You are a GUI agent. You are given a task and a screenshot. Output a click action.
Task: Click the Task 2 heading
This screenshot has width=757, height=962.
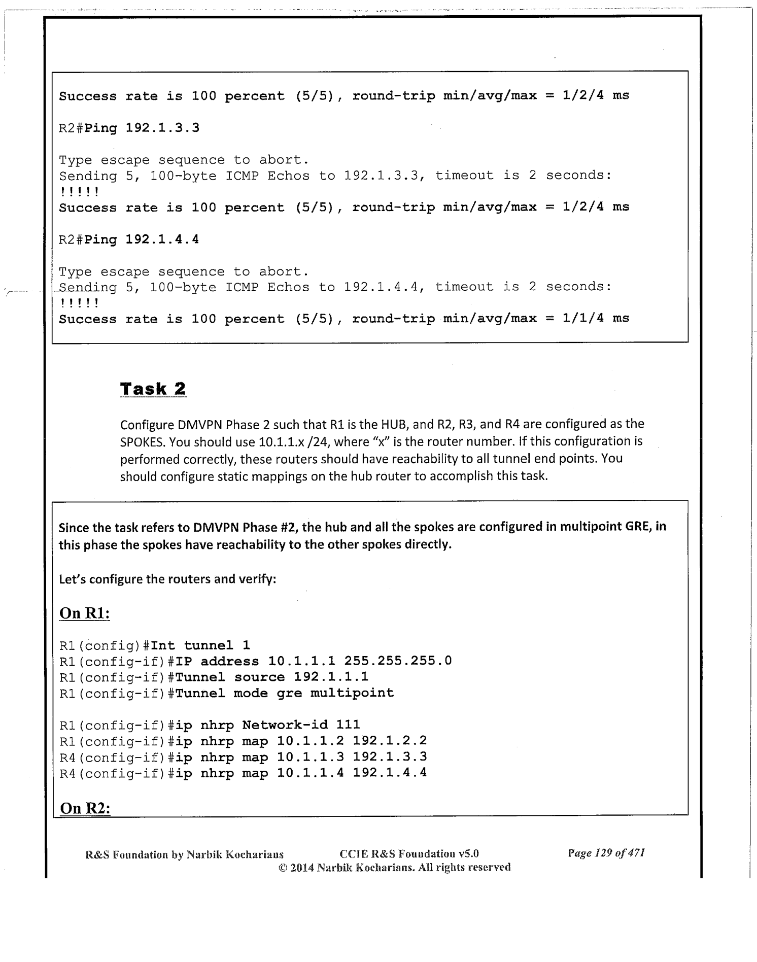pos(153,389)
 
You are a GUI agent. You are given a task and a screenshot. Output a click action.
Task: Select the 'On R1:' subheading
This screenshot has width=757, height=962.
pos(85,613)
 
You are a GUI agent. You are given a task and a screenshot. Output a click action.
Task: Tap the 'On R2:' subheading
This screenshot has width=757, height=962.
pos(85,808)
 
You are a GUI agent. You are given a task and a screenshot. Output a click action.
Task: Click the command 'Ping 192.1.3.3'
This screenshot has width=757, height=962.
pos(142,128)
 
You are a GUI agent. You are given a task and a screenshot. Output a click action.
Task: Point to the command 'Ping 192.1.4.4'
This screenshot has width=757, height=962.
pos(142,239)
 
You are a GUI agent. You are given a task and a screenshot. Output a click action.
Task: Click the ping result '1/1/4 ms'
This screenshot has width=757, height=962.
pos(596,319)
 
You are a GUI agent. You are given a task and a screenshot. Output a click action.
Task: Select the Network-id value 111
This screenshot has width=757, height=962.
pos(348,725)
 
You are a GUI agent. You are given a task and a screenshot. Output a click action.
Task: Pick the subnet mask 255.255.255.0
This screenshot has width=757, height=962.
pos(398,661)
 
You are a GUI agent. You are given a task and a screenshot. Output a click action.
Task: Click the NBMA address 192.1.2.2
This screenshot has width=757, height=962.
pos(390,741)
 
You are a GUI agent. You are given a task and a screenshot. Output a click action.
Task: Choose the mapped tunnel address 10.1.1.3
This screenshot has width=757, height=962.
pos(311,757)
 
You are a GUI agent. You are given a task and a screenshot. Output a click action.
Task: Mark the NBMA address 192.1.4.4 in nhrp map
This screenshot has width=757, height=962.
pos(390,773)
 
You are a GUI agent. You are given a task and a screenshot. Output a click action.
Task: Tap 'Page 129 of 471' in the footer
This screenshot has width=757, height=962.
pos(606,853)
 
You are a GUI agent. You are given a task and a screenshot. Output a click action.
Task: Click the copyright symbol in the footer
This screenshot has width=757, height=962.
pos(283,868)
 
